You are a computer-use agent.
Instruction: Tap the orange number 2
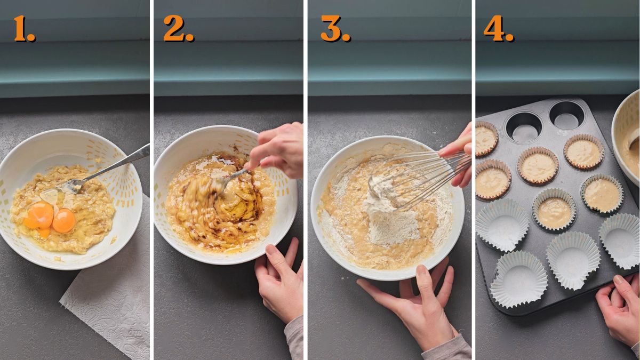(177, 29)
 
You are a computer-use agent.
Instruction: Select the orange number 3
(334, 29)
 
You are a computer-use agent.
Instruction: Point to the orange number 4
(498, 29)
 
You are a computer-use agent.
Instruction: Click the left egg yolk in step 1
(40, 215)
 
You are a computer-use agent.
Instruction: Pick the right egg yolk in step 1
(64, 220)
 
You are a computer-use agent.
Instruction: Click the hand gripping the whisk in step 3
(460, 155)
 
